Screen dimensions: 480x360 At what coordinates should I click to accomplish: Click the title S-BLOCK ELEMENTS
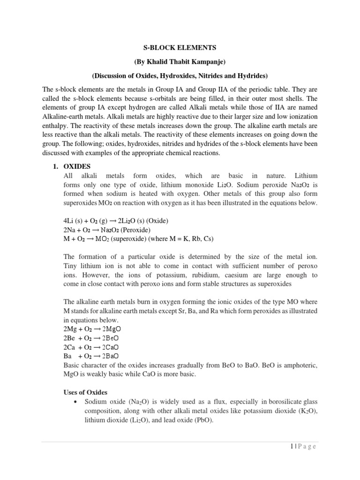[180, 47]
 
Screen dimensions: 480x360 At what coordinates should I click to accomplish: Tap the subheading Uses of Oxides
[85, 392]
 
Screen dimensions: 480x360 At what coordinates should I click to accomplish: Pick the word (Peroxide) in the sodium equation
[134, 230]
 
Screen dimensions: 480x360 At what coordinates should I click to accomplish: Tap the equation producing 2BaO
[90, 356]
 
